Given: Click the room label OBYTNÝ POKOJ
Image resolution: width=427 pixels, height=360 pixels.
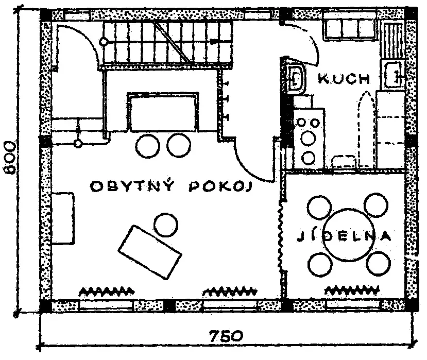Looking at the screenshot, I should coord(170,186).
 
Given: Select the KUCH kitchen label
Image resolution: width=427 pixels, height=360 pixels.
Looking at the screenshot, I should coord(344,79).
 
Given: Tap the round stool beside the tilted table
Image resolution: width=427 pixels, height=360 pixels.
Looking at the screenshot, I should coord(166,224).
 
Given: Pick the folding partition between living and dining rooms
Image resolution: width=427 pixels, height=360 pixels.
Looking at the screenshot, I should coord(282,234).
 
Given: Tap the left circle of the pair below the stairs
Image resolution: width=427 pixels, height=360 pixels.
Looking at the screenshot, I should coord(147,145).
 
